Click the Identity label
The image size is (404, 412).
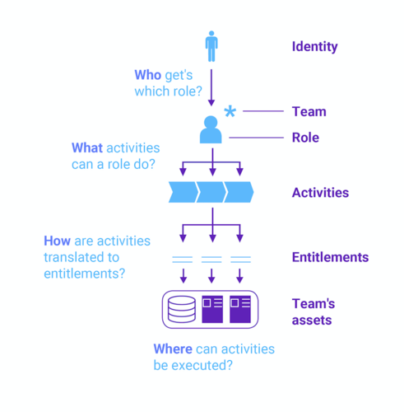pyautogui.click(x=314, y=47)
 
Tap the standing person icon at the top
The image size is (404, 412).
pyautogui.click(x=211, y=46)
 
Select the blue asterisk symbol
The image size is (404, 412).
pyautogui.click(x=230, y=111)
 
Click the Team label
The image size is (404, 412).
pyautogui.click(x=309, y=111)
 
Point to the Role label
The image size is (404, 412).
pyautogui.click(x=305, y=138)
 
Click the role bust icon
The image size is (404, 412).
pyautogui.click(x=211, y=129)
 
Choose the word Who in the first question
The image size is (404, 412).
pyautogui.click(x=148, y=75)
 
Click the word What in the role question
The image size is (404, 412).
pyautogui.click(x=87, y=147)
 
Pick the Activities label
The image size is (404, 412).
pyautogui.click(x=320, y=193)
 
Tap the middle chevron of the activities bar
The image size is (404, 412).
pyautogui.click(x=211, y=192)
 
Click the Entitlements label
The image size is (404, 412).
pyautogui.click(x=330, y=257)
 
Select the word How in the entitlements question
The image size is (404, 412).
pyautogui.click(x=58, y=241)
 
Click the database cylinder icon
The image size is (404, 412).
pyautogui.click(x=182, y=309)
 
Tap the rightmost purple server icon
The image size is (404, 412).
pyautogui.click(x=240, y=309)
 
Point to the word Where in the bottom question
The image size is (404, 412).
pyautogui.click(x=173, y=349)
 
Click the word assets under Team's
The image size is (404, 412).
pyautogui.click(x=312, y=321)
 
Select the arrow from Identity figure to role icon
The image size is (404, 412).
pyautogui.click(x=211, y=87)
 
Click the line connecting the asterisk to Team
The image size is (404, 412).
pyautogui.click(x=263, y=111)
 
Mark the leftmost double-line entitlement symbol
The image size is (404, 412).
pyautogui.click(x=183, y=260)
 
